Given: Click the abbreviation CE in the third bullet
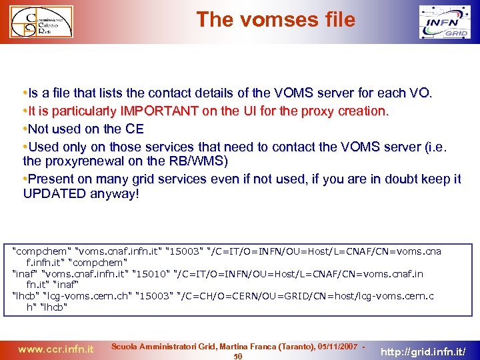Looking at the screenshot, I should tap(135, 129).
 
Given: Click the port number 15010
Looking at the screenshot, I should tap(152, 273).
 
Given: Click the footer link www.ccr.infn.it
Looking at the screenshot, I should tap(55, 348).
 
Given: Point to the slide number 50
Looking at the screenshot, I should tap(238, 356).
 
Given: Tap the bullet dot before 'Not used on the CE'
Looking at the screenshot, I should tap(25, 129).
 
